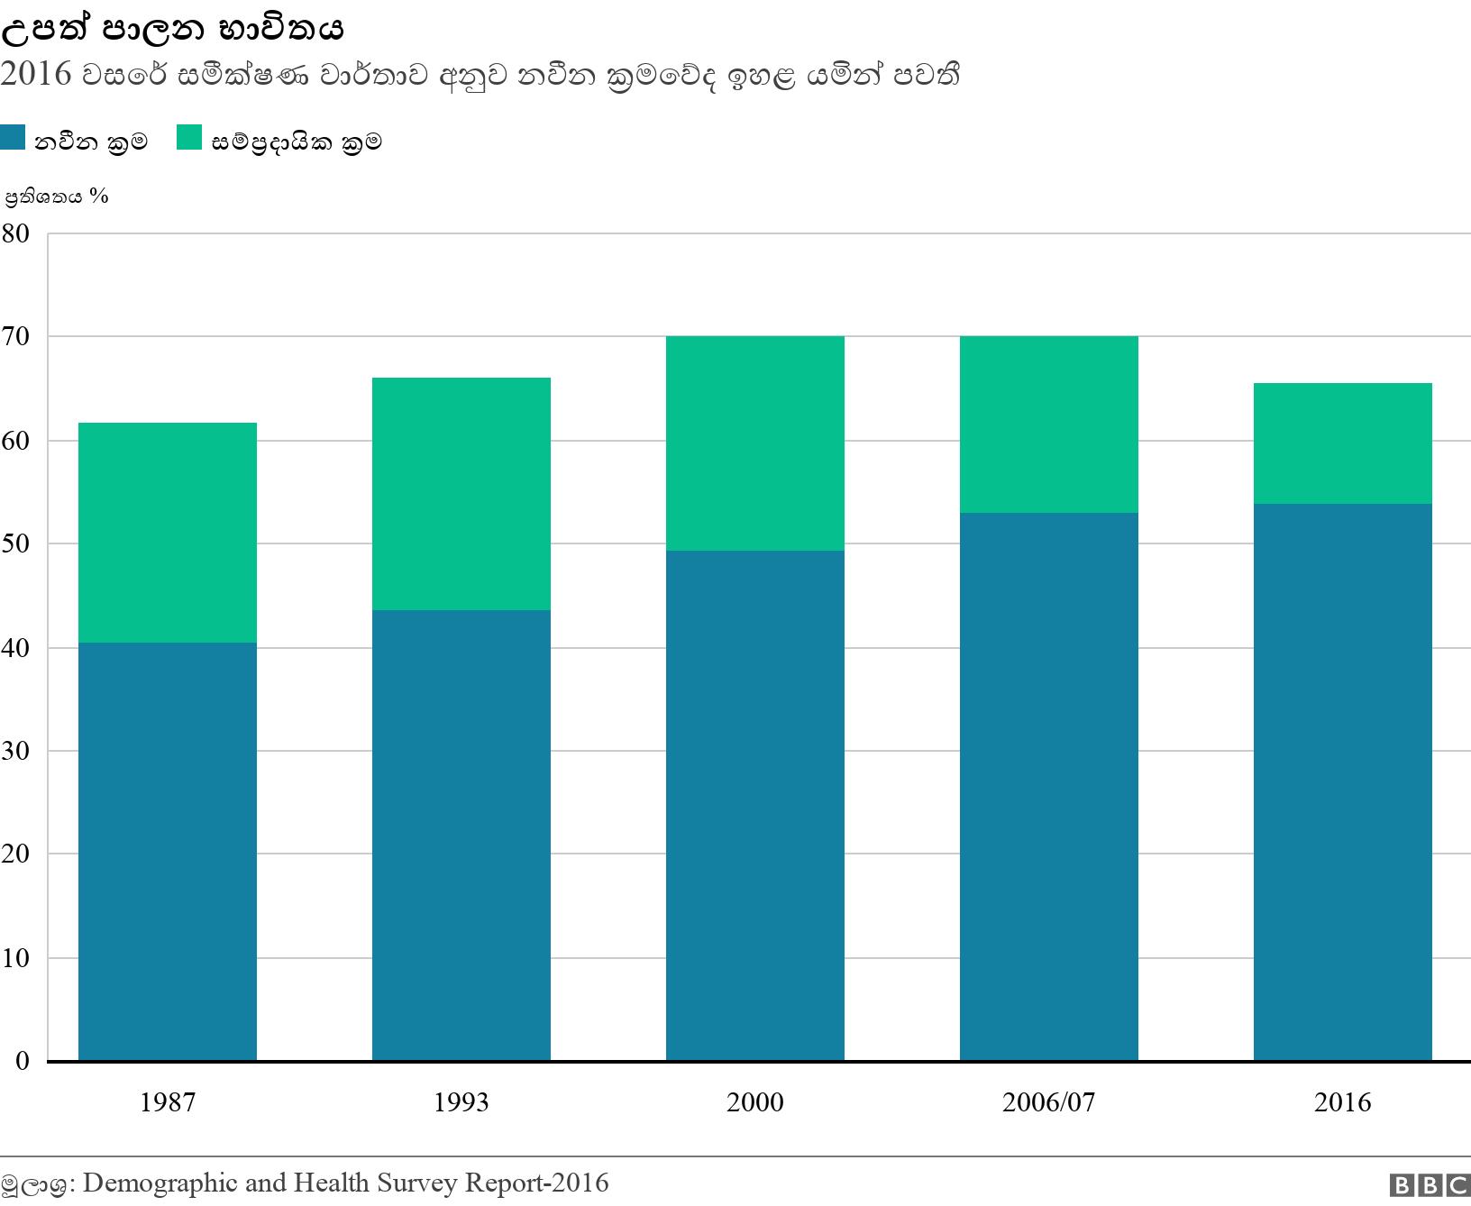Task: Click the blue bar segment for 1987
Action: (168, 851)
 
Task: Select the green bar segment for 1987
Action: (168, 532)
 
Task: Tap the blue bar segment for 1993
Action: (461, 835)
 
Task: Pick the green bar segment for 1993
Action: (461, 494)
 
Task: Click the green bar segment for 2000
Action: (755, 443)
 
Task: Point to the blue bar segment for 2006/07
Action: (1049, 786)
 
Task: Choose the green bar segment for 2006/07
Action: (1049, 425)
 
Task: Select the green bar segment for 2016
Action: (1343, 443)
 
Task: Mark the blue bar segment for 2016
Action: (1343, 781)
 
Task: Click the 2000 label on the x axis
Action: (755, 1102)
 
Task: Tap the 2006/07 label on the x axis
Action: (1049, 1102)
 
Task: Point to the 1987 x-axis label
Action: (168, 1102)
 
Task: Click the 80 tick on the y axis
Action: (15, 233)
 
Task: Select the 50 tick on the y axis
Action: (15, 544)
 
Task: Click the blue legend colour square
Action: (13, 138)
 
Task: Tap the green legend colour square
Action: (189, 138)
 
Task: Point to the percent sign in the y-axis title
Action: (99, 196)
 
